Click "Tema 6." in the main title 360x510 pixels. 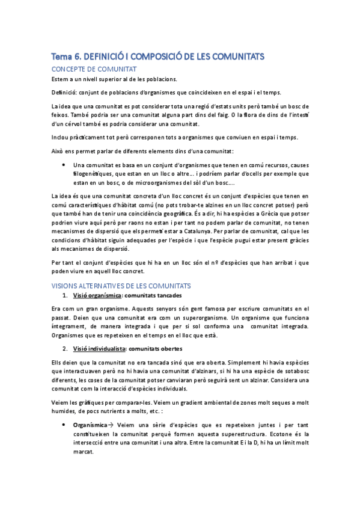66,57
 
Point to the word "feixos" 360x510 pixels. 61,114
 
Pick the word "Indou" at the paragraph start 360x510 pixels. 61,137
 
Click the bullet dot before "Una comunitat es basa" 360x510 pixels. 64,165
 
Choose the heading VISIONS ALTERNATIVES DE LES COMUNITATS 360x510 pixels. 121,285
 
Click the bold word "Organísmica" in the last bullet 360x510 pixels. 90,425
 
